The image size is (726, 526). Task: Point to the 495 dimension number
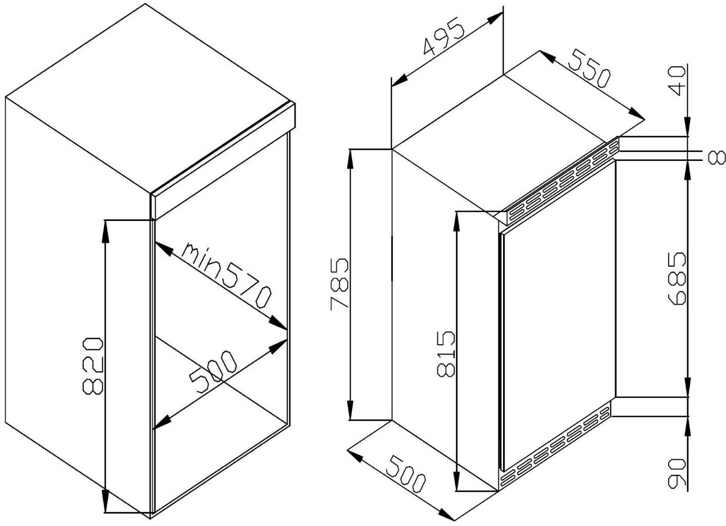444,35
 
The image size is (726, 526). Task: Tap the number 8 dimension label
717,157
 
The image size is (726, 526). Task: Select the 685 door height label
677,279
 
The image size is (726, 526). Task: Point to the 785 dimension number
339,285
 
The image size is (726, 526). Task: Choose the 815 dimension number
446,355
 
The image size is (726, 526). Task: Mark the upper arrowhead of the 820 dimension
105,231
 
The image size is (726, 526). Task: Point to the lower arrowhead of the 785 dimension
350,409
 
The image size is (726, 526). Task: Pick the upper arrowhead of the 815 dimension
457,222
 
